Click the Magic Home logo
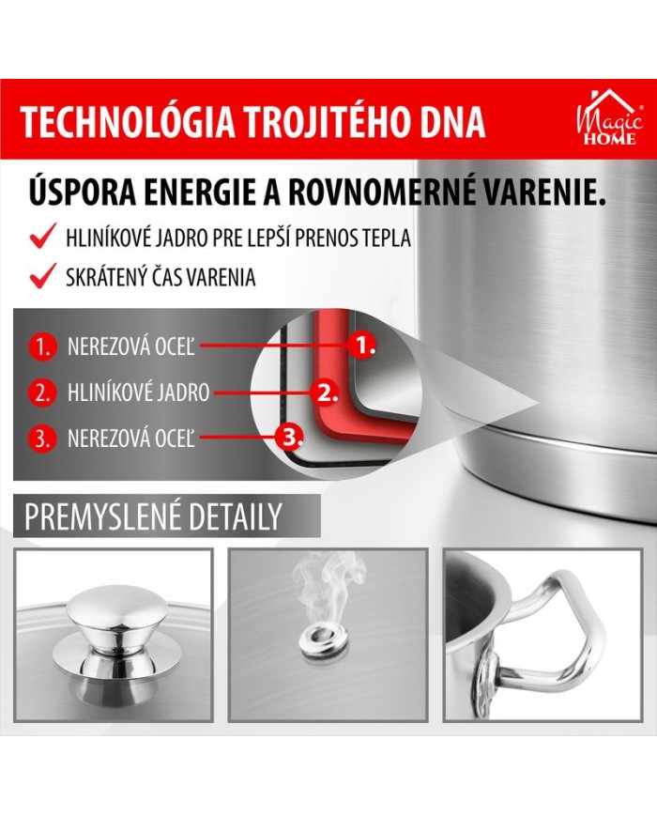(610, 118)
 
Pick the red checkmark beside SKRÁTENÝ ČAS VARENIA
(43, 275)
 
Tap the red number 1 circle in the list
(42, 346)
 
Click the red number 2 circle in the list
(42, 392)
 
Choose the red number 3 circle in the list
(42, 439)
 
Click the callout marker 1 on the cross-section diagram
(362, 344)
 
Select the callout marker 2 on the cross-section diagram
(325, 392)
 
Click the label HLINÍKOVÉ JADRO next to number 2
(138, 393)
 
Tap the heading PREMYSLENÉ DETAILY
(153, 516)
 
